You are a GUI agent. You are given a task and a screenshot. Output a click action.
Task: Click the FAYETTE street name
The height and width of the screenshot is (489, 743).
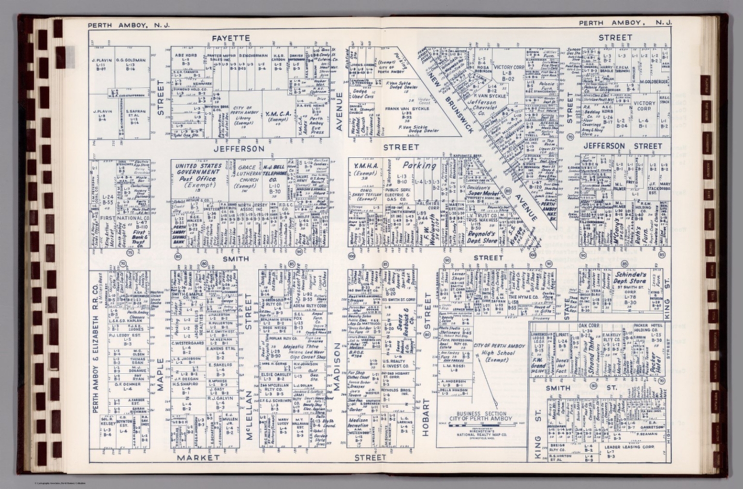pyautogui.click(x=231, y=38)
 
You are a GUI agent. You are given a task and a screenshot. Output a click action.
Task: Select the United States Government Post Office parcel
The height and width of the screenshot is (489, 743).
pyautogui.click(x=198, y=175)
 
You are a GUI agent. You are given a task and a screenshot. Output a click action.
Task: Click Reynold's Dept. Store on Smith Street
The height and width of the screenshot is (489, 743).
pyautogui.click(x=482, y=236)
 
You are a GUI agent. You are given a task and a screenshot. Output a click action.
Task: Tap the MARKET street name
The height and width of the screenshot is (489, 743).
pyautogui.click(x=198, y=457)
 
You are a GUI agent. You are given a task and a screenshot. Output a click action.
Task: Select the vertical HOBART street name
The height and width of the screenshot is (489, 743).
pyautogui.click(x=426, y=417)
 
